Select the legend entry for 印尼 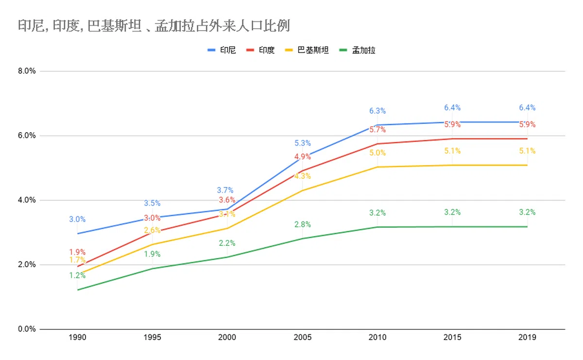click(222, 50)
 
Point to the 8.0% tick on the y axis click(27, 71)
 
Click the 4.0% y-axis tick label click(27, 200)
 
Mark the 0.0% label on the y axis click(27, 329)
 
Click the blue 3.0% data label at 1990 click(77, 220)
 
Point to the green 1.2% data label click(77, 275)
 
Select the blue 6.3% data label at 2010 click(377, 111)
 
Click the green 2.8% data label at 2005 click(303, 224)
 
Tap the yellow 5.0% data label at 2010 click(377, 153)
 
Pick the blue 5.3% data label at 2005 click(303, 143)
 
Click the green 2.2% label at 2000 click(227, 243)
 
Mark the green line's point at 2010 click(377, 227)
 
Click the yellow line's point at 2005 click(303, 190)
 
